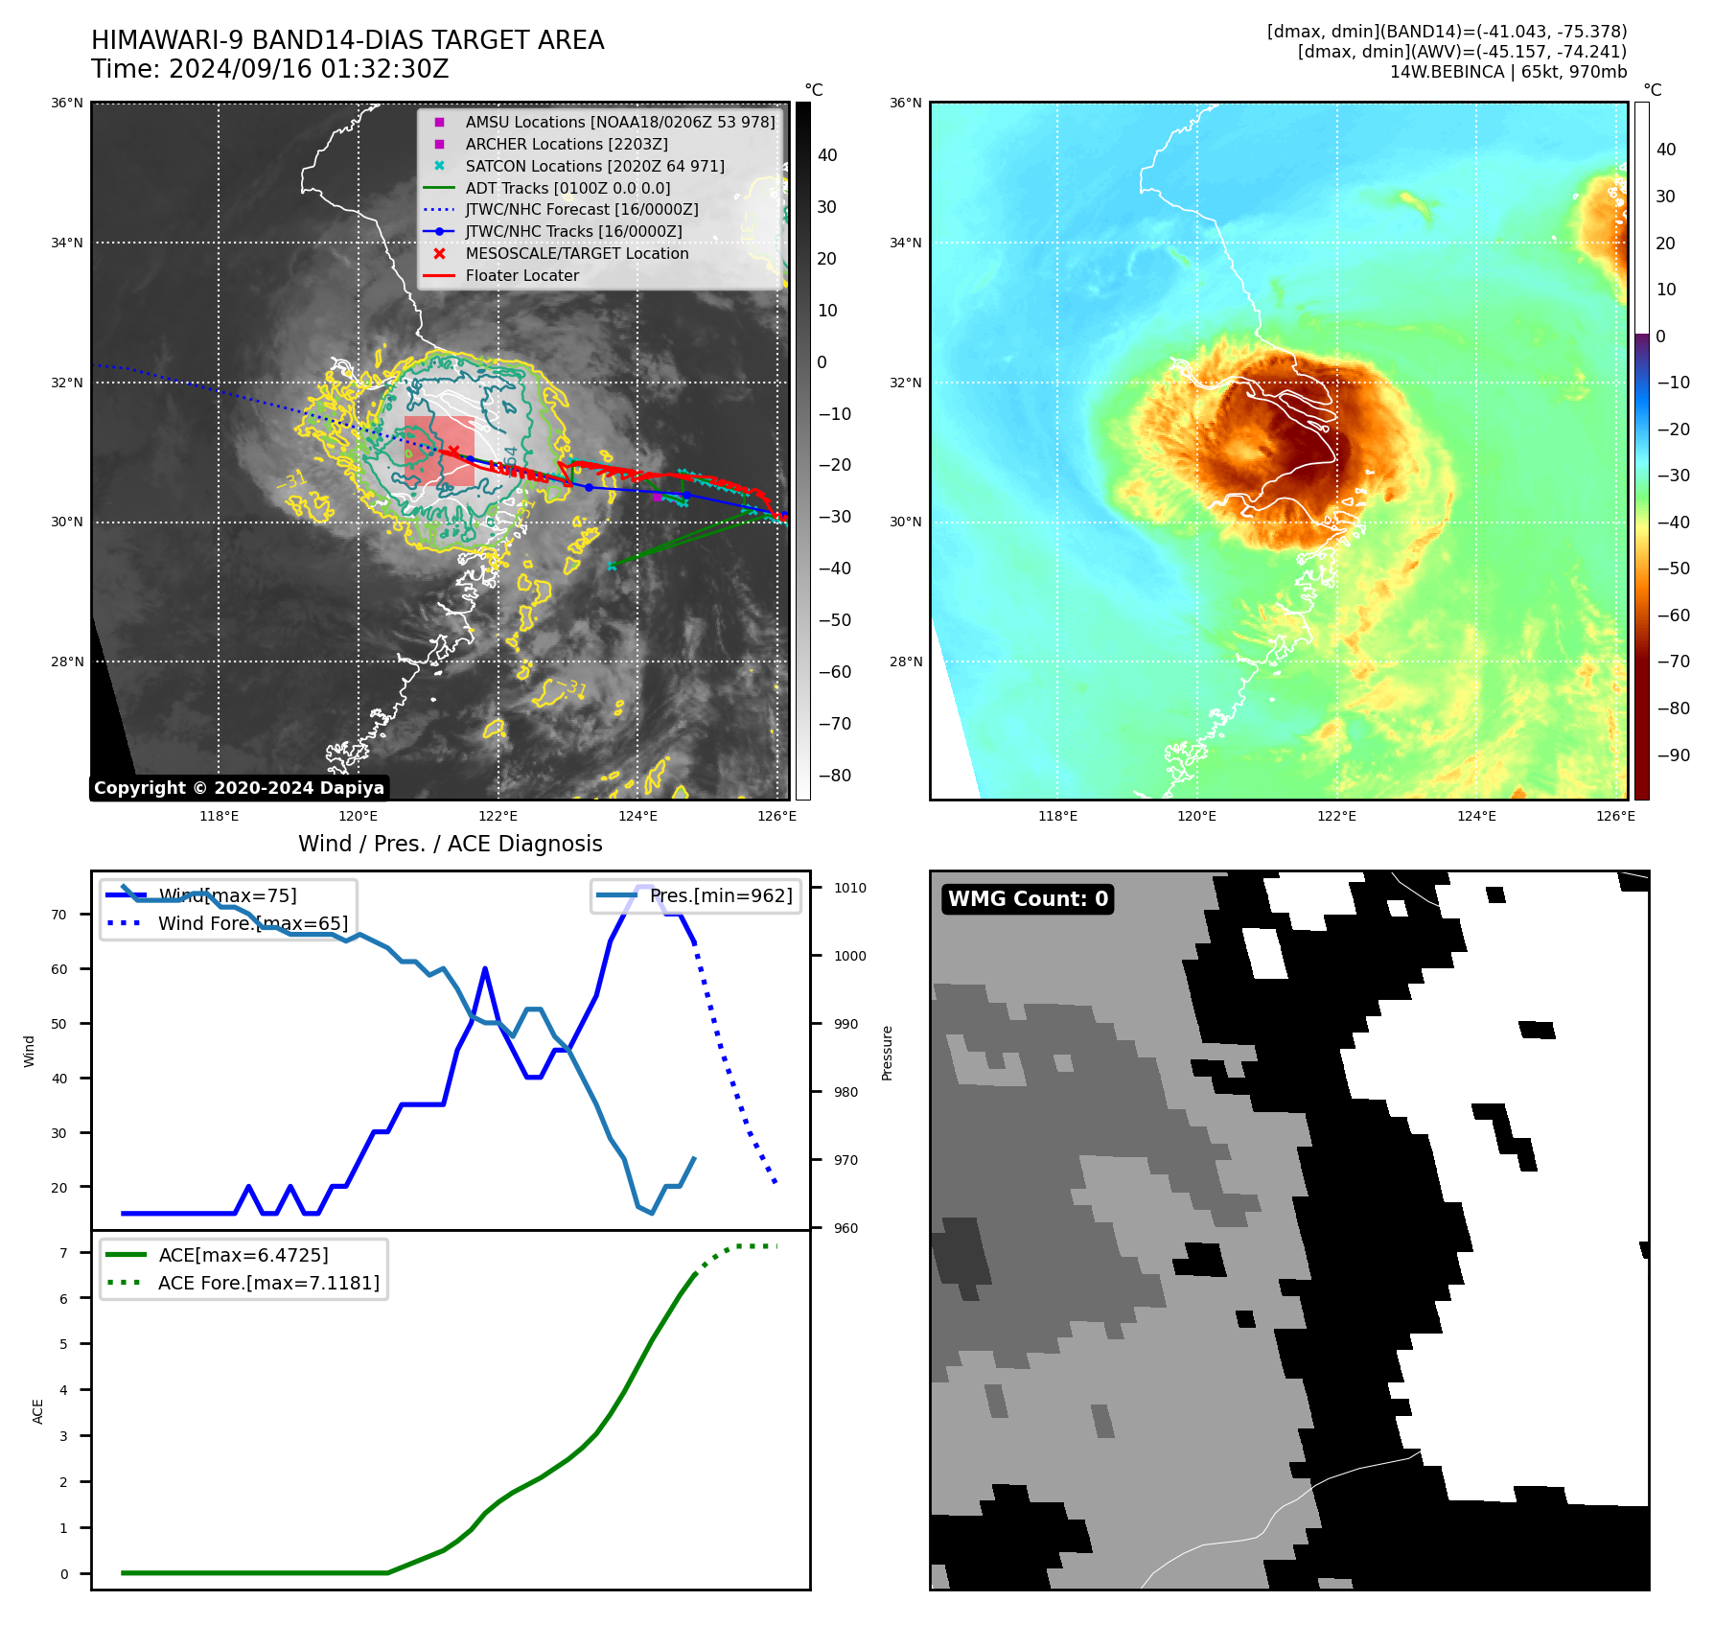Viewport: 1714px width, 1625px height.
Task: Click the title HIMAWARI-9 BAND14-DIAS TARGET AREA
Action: [x=347, y=40]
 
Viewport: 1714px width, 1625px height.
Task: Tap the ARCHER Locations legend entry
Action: [x=566, y=144]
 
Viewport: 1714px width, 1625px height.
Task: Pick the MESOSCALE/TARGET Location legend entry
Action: [x=576, y=253]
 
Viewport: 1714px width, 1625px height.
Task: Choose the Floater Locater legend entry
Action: [x=521, y=275]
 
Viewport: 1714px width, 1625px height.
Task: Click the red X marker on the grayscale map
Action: [x=453, y=451]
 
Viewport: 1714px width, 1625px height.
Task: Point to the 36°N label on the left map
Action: [x=67, y=103]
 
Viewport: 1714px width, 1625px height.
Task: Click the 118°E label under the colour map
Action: [x=1057, y=816]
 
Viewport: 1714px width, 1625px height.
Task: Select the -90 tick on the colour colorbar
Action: [x=1673, y=755]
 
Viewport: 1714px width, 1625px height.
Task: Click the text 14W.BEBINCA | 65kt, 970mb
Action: [x=1508, y=72]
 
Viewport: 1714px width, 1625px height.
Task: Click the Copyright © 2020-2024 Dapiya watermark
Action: [x=239, y=788]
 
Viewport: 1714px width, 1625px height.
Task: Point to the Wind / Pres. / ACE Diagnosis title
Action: [x=450, y=844]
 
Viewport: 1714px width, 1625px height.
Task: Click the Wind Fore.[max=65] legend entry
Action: [x=252, y=923]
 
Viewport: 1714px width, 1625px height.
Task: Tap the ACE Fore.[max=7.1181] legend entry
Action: [x=268, y=1283]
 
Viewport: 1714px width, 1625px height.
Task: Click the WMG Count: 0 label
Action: [x=1028, y=898]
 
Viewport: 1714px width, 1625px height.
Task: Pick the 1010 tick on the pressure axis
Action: [x=849, y=888]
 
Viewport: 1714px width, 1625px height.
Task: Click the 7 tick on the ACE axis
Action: [x=63, y=1253]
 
